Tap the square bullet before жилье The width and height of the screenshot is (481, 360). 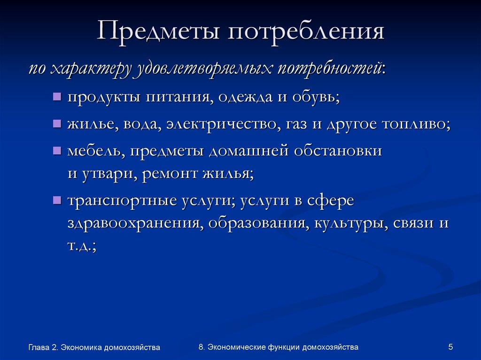point(57,125)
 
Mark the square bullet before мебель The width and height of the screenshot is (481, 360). point(57,151)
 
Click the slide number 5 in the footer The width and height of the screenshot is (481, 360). point(450,347)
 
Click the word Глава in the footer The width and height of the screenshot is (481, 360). point(38,347)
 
